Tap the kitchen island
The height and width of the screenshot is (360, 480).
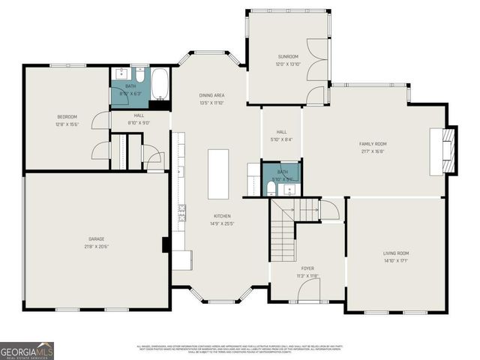(x=218, y=173)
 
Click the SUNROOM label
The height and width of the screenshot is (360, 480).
(x=288, y=56)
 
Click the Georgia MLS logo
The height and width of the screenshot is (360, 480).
(x=27, y=350)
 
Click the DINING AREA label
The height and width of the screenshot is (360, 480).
(x=211, y=95)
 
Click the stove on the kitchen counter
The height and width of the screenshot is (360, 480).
(x=181, y=217)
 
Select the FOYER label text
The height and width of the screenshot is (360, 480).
(x=308, y=268)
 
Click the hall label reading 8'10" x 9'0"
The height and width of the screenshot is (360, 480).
(x=139, y=123)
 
